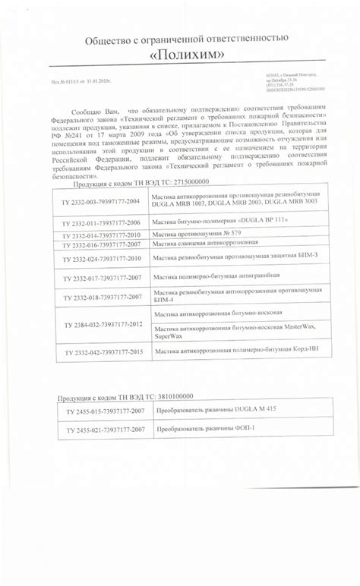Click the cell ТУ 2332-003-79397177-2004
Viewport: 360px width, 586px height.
coord(102,202)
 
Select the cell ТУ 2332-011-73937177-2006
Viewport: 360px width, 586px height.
coord(102,222)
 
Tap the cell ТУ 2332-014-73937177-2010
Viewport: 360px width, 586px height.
coord(102,236)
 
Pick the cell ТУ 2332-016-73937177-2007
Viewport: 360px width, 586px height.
coord(102,246)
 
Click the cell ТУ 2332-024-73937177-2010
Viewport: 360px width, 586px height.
coord(102,260)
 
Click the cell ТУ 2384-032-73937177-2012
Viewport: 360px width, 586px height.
coord(102,324)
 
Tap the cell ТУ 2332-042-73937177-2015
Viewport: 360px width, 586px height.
coord(102,353)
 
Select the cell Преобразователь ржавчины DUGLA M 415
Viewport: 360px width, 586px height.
coord(216,410)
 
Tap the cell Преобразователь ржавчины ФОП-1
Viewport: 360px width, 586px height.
coord(206,429)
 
